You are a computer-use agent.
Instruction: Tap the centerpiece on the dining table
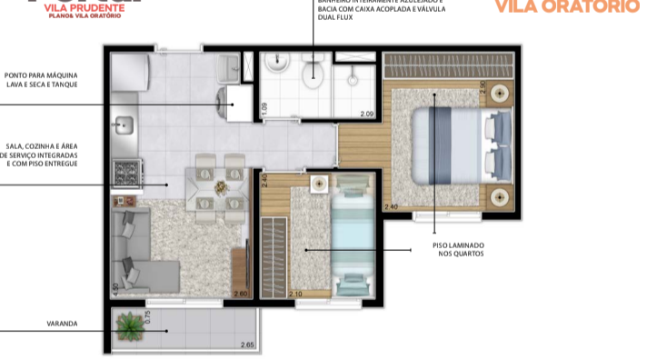220,186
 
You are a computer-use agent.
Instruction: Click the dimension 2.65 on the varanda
247,345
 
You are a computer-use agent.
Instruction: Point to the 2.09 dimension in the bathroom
366,114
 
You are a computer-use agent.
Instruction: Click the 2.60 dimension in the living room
240,294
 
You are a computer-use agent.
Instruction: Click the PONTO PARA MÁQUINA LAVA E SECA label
41,79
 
